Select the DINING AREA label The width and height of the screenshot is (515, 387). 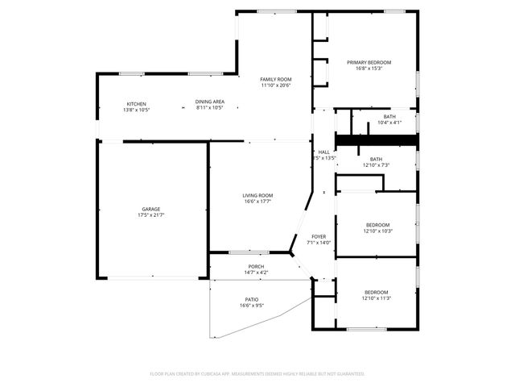[209, 102]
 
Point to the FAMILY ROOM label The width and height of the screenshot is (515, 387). [274, 79]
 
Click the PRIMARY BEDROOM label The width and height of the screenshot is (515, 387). [369, 63]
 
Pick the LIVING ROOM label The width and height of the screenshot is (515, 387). [258, 195]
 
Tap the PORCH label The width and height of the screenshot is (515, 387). [256, 267]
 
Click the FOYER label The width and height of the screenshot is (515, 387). [319, 236]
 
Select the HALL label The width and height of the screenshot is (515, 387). [323, 152]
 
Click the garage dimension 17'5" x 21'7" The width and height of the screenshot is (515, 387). [151, 215]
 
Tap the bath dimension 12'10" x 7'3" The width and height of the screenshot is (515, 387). [376, 165]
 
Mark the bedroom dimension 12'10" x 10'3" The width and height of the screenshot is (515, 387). [377, 231]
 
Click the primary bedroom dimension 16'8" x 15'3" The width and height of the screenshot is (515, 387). [369, 69]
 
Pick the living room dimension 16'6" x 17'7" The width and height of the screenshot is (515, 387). [258, 202]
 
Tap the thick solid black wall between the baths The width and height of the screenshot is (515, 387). [376, 140]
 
